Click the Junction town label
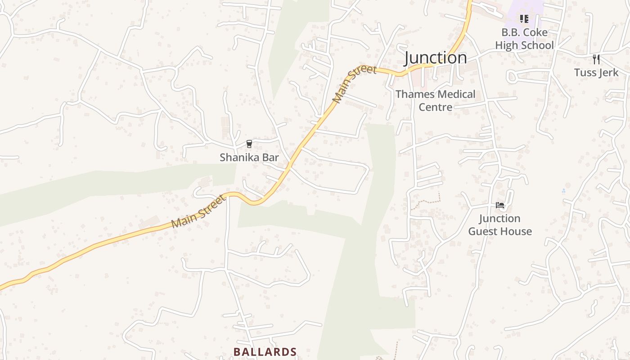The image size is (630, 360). click(x=435, y=58)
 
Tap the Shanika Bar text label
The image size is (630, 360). click(x=249, y=157)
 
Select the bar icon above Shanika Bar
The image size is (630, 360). click(x=249, y=144)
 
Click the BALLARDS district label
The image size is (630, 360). click(x=265, y=352)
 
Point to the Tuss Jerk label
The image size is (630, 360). click(x=596, y=72)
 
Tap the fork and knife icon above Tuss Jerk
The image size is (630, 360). click(x=596, y=59)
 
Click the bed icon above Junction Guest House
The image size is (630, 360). click(x=499, y=205)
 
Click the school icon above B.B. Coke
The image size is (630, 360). click(x=524, y=19)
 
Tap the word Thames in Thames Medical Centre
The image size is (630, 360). click(x=415, y=94)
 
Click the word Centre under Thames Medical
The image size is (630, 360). click(x=435, y=107)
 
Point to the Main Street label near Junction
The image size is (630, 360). click(x=354, y=84)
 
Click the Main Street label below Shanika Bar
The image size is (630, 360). click(x=198, y=211)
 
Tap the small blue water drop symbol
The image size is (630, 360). click(x=563, y=191)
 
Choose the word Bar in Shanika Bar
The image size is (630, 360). click(x=270, y=157)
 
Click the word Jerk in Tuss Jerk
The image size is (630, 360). click(x=608, y=72)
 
